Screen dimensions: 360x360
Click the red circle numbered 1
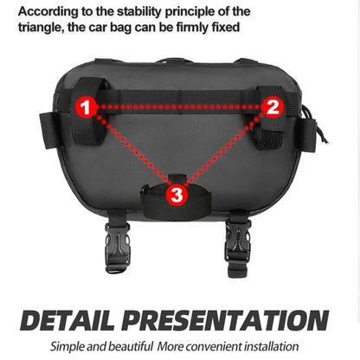click(x=85, y=107)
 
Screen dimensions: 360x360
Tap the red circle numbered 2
click(x=273, y=107)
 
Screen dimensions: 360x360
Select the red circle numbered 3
click(x=177, y=195)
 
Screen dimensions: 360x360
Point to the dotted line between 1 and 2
click(x=179, y=107)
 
